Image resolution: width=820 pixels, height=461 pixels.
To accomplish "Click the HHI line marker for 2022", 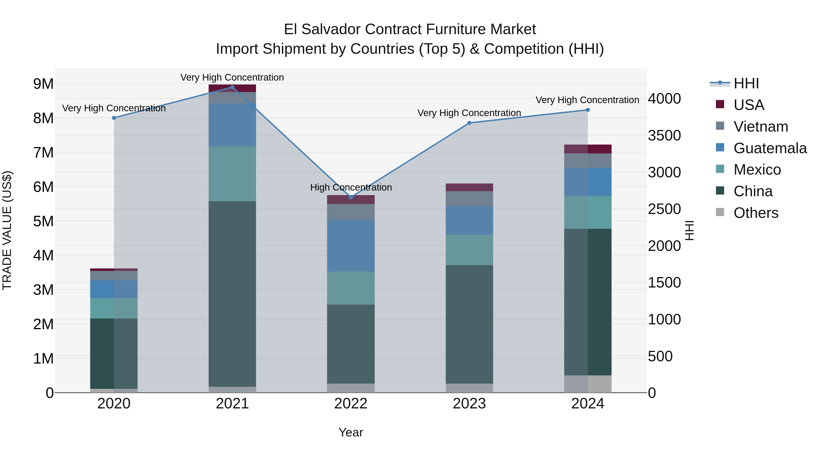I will click(x=351, y=197).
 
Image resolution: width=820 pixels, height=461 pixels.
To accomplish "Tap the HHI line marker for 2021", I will click(x=232, y=87).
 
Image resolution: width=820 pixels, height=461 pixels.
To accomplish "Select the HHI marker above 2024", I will click(x=588, y=110).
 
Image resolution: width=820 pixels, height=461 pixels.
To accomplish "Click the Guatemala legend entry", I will click(x=770, y=148).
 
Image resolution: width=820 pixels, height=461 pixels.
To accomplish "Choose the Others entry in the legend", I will click(x=756, y=213).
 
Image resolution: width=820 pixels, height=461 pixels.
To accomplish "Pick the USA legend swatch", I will click(x=720, y=104).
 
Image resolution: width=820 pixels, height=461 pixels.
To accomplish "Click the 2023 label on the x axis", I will click(x=469, y=404).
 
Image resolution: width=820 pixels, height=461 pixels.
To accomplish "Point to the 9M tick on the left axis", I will click(x=43, y=84).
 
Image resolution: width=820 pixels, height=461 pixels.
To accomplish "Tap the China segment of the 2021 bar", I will click(x=232, y=294).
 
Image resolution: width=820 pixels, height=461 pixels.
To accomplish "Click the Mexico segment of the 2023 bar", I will click(x=469, y=250).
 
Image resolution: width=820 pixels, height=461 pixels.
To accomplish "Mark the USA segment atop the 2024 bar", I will click(x=588, y=149).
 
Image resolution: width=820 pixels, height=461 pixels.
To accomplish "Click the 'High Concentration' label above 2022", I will click(x=351, y=187).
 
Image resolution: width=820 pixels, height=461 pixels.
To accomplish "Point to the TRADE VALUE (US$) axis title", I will click(x=7, y=230).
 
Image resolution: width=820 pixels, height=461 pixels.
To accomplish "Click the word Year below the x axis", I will click(x=351, y=432).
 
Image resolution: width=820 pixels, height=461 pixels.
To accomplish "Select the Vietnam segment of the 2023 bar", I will click(x=469, y=199).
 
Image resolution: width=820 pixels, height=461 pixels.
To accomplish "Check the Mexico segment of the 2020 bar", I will click(x=114, y=308).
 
